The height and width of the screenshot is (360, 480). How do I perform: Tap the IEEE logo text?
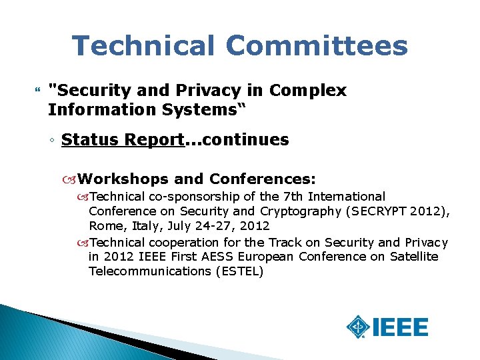pos(400,327)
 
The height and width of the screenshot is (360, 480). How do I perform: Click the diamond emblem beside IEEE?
pos(359,327)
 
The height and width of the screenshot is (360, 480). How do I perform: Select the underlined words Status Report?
pos(122,140)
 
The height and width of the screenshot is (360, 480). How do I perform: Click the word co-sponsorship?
pos(190,197)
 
